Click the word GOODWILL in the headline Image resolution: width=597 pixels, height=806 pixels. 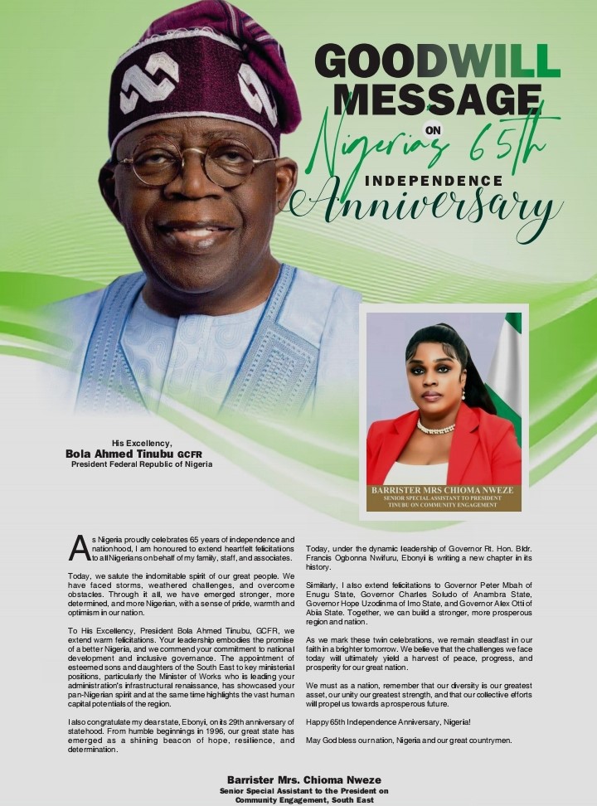click(x=431, y=63)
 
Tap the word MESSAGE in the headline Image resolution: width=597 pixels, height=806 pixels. click(x=428, y=102)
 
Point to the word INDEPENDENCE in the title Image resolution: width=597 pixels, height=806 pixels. click(x=434, y=181)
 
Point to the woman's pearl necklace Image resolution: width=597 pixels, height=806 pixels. click(x=435, y=428)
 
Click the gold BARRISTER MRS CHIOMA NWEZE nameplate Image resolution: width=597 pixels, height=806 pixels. click(x=444, y=498)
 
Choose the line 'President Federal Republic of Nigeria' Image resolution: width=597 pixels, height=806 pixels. click(x=141, y=464)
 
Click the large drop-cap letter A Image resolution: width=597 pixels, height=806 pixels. click(x=79, y=546)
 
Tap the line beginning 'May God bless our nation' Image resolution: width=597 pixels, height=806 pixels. click(x=409, y=740)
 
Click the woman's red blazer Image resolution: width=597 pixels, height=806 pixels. click(x=481, y=456)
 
